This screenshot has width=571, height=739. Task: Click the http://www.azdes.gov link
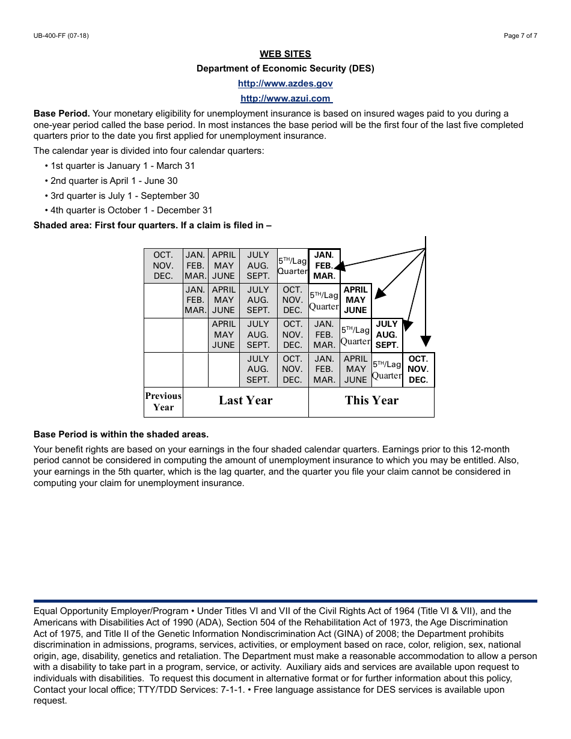click(285, 84)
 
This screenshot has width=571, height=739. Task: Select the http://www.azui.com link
click(285, 99)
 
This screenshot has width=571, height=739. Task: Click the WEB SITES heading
click(285, 54)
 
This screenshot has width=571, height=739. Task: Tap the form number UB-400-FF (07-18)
click(61, 36)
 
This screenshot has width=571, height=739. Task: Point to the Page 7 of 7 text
click(520, 36)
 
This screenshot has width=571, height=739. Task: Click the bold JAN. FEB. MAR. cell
click(324, 266)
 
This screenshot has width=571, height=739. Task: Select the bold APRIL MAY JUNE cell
click(355, 300)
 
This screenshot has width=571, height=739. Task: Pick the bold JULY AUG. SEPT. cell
click(386, 335)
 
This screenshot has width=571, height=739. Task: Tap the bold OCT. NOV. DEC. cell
click(418, 369)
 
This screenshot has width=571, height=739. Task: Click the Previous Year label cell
click(163, 401)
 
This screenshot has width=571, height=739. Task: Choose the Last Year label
click(245, 401)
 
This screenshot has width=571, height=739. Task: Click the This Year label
click(371, 401)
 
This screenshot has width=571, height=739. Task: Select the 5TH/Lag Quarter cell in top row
click(292, 266)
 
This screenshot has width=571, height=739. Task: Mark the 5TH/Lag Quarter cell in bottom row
click(386, 369)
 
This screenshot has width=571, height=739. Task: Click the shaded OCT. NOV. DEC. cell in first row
click(163, 266)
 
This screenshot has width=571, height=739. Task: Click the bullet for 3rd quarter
click(46, 196)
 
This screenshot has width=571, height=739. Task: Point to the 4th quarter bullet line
click(129, 210)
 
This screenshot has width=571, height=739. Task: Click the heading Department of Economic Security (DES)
click(285, 68)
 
